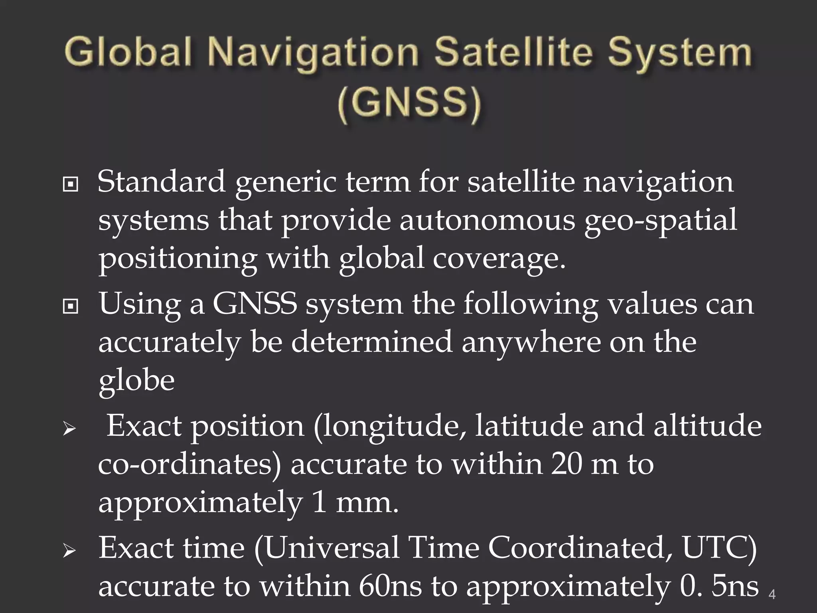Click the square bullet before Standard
(71, 184)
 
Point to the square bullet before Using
(71, 306)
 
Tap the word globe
(136, 381)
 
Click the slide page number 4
(772, 595)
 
